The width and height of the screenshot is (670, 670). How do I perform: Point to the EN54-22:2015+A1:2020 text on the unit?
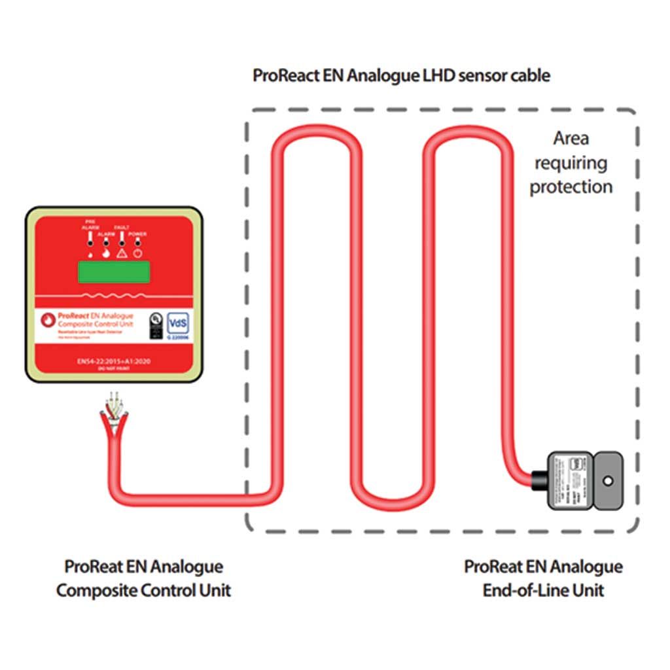tap(113, 361)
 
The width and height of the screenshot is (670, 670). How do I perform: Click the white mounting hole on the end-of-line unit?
tap(608, 482)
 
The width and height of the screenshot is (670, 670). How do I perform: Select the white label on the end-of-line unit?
tap(570, 480)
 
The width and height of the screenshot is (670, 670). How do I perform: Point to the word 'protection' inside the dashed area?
tap(571, 187)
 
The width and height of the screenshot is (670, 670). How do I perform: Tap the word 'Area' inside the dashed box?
tap(571, 138)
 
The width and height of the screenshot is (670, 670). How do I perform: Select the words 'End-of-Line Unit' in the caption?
tap(543, 590)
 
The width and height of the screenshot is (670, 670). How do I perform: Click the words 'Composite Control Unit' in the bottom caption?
tap(143, 590)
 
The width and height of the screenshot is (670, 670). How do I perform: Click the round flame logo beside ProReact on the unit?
tap(46, 320)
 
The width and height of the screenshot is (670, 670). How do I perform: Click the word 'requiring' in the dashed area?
tap(568, 162)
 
